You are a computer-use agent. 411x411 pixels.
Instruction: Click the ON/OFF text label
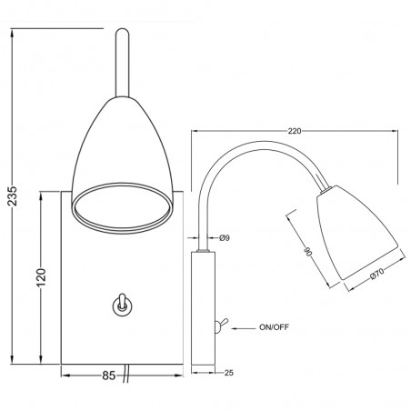tap(274, 324)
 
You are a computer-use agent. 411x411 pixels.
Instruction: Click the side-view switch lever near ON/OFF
tap(220, 323)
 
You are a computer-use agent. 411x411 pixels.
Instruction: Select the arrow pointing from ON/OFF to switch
tap(241, 324)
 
